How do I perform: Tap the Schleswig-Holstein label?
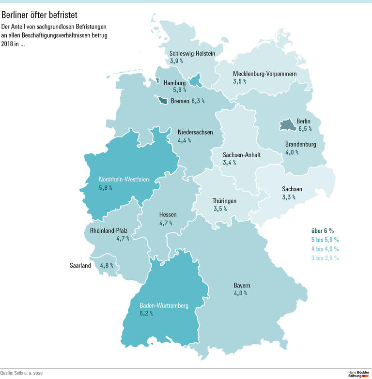point(192,53)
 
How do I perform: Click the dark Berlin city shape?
point(287,125)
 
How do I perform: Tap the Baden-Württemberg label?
point(164,305)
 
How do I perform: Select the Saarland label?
point(80,265)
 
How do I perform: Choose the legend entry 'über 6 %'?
point(322,230)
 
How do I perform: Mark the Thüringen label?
point(225,200)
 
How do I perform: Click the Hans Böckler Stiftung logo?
point(358,373)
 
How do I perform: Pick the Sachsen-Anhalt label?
point(242,155)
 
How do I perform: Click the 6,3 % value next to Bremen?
point(198,101)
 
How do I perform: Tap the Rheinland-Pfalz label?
point(108,230)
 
